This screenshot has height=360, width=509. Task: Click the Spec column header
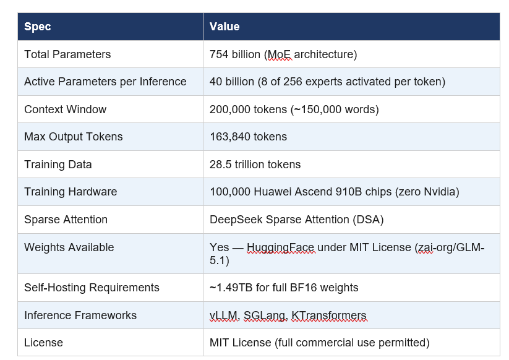point(37,27)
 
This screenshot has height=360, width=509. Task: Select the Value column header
point(225,27)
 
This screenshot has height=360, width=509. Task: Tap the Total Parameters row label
point(67,54)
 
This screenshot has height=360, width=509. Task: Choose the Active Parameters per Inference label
point(105,82)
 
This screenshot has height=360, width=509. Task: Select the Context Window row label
point(65,109)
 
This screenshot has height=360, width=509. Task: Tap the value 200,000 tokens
point(249,109)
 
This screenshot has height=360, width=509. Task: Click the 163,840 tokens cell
point(248,137)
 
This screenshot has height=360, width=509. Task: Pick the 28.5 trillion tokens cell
point(255,165)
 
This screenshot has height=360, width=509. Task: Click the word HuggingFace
point(281,247)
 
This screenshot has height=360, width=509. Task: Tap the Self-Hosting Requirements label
point(92,288)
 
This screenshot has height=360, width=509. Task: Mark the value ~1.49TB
point(232,288)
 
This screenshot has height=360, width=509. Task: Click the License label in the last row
point(43,343)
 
